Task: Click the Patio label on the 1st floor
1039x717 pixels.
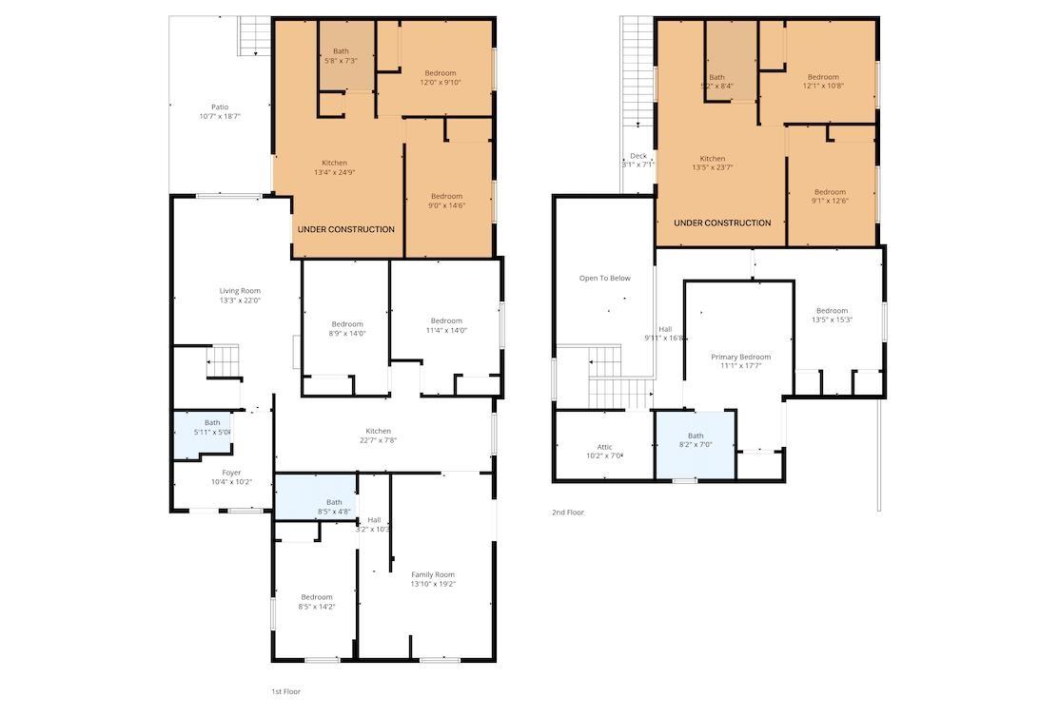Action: tap(220, 107)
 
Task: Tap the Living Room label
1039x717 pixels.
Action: tap(240, 291)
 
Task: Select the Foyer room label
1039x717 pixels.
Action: tap(231, 473)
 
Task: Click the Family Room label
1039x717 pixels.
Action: tap(433, 574)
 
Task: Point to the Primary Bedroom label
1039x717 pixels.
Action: tap(741, 358)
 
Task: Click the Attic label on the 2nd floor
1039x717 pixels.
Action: tap(605, 447)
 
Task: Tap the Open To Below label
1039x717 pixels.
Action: tap(605, 279)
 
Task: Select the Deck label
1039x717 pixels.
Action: tap(638, 156)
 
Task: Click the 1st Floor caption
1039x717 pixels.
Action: tap(285, 691)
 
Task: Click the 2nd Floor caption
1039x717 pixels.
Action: tap(568, 513)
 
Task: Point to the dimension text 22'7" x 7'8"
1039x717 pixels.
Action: tap(378, 440)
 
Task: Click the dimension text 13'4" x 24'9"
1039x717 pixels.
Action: tap(334, 172)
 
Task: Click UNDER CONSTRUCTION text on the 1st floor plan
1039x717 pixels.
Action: tap(345, 229)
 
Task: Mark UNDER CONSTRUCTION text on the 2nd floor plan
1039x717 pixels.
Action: tap(722, 223)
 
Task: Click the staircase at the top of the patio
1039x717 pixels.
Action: tap(254, 37)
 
